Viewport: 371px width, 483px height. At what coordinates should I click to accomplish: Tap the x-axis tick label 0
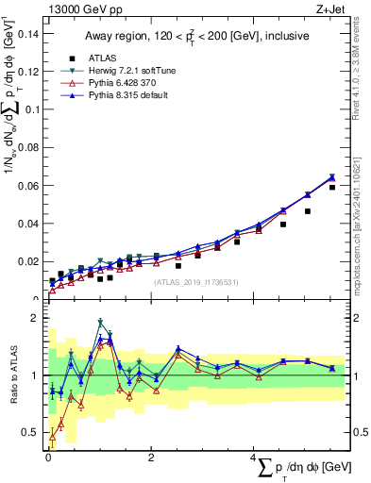pos(48,458)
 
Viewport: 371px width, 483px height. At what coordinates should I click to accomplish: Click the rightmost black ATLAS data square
pos(332,188)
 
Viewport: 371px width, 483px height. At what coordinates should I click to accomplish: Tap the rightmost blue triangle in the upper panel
pos(332,176)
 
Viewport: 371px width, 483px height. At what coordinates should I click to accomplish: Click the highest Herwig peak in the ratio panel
pos(100,323)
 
